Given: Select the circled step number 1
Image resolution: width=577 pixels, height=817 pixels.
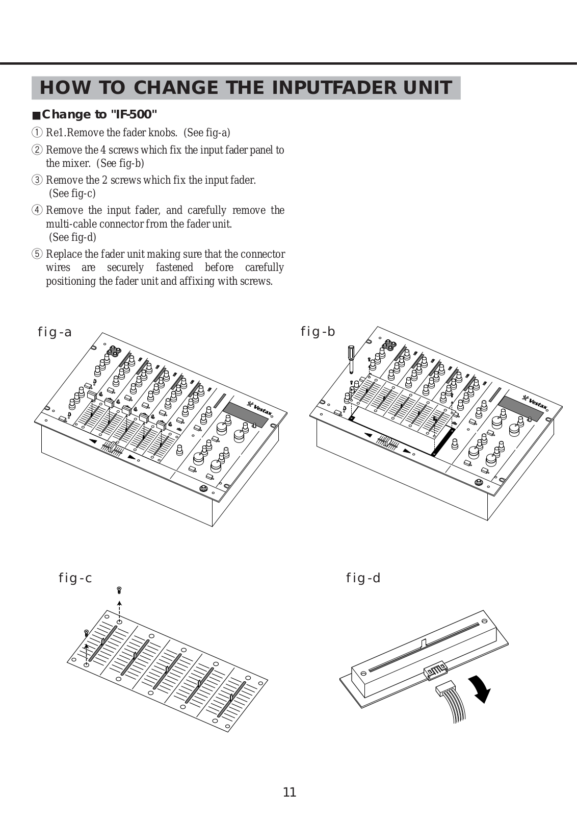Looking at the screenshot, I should pos(37,133).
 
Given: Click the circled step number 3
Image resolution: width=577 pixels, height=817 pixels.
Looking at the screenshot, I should pos(37,180).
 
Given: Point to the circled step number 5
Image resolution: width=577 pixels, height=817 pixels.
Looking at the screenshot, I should pos(37,254).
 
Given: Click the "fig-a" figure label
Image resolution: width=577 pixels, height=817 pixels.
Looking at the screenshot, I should pos(55,332).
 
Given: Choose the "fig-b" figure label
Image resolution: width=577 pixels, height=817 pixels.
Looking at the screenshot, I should pos(318,332).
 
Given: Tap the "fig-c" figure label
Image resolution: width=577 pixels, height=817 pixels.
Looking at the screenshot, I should pos(75,578).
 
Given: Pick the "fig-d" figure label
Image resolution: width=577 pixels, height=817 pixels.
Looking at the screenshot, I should pos(363,578).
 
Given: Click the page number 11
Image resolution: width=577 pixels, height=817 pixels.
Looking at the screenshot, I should pos(289,793).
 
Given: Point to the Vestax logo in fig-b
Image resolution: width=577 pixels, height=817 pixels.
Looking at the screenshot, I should pos(535,402).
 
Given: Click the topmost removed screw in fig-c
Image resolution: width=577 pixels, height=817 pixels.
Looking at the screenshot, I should pos(119,590).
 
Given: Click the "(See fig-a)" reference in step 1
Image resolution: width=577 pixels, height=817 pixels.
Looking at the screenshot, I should pos(207,133).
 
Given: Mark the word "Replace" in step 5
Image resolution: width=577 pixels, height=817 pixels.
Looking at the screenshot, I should pos(64,254).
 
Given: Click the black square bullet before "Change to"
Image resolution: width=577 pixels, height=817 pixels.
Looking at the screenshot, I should pos(36,115).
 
